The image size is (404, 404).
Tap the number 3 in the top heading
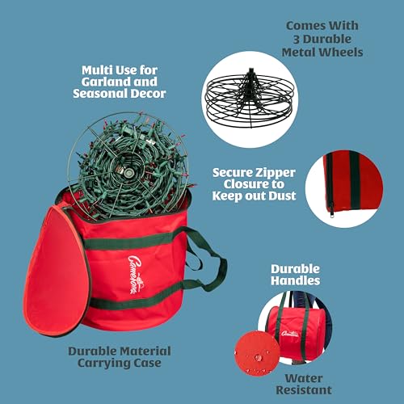(x=297, y=40)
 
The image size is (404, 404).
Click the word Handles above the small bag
(x=296, y=280)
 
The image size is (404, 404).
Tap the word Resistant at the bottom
(x=304, y=390)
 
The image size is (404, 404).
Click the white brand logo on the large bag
(x=135, y=274)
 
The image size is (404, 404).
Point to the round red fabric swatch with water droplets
(x=257, y=354)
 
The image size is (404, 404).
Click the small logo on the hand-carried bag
(x=290, y=334)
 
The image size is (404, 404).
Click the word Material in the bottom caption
(x=145, y=351)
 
